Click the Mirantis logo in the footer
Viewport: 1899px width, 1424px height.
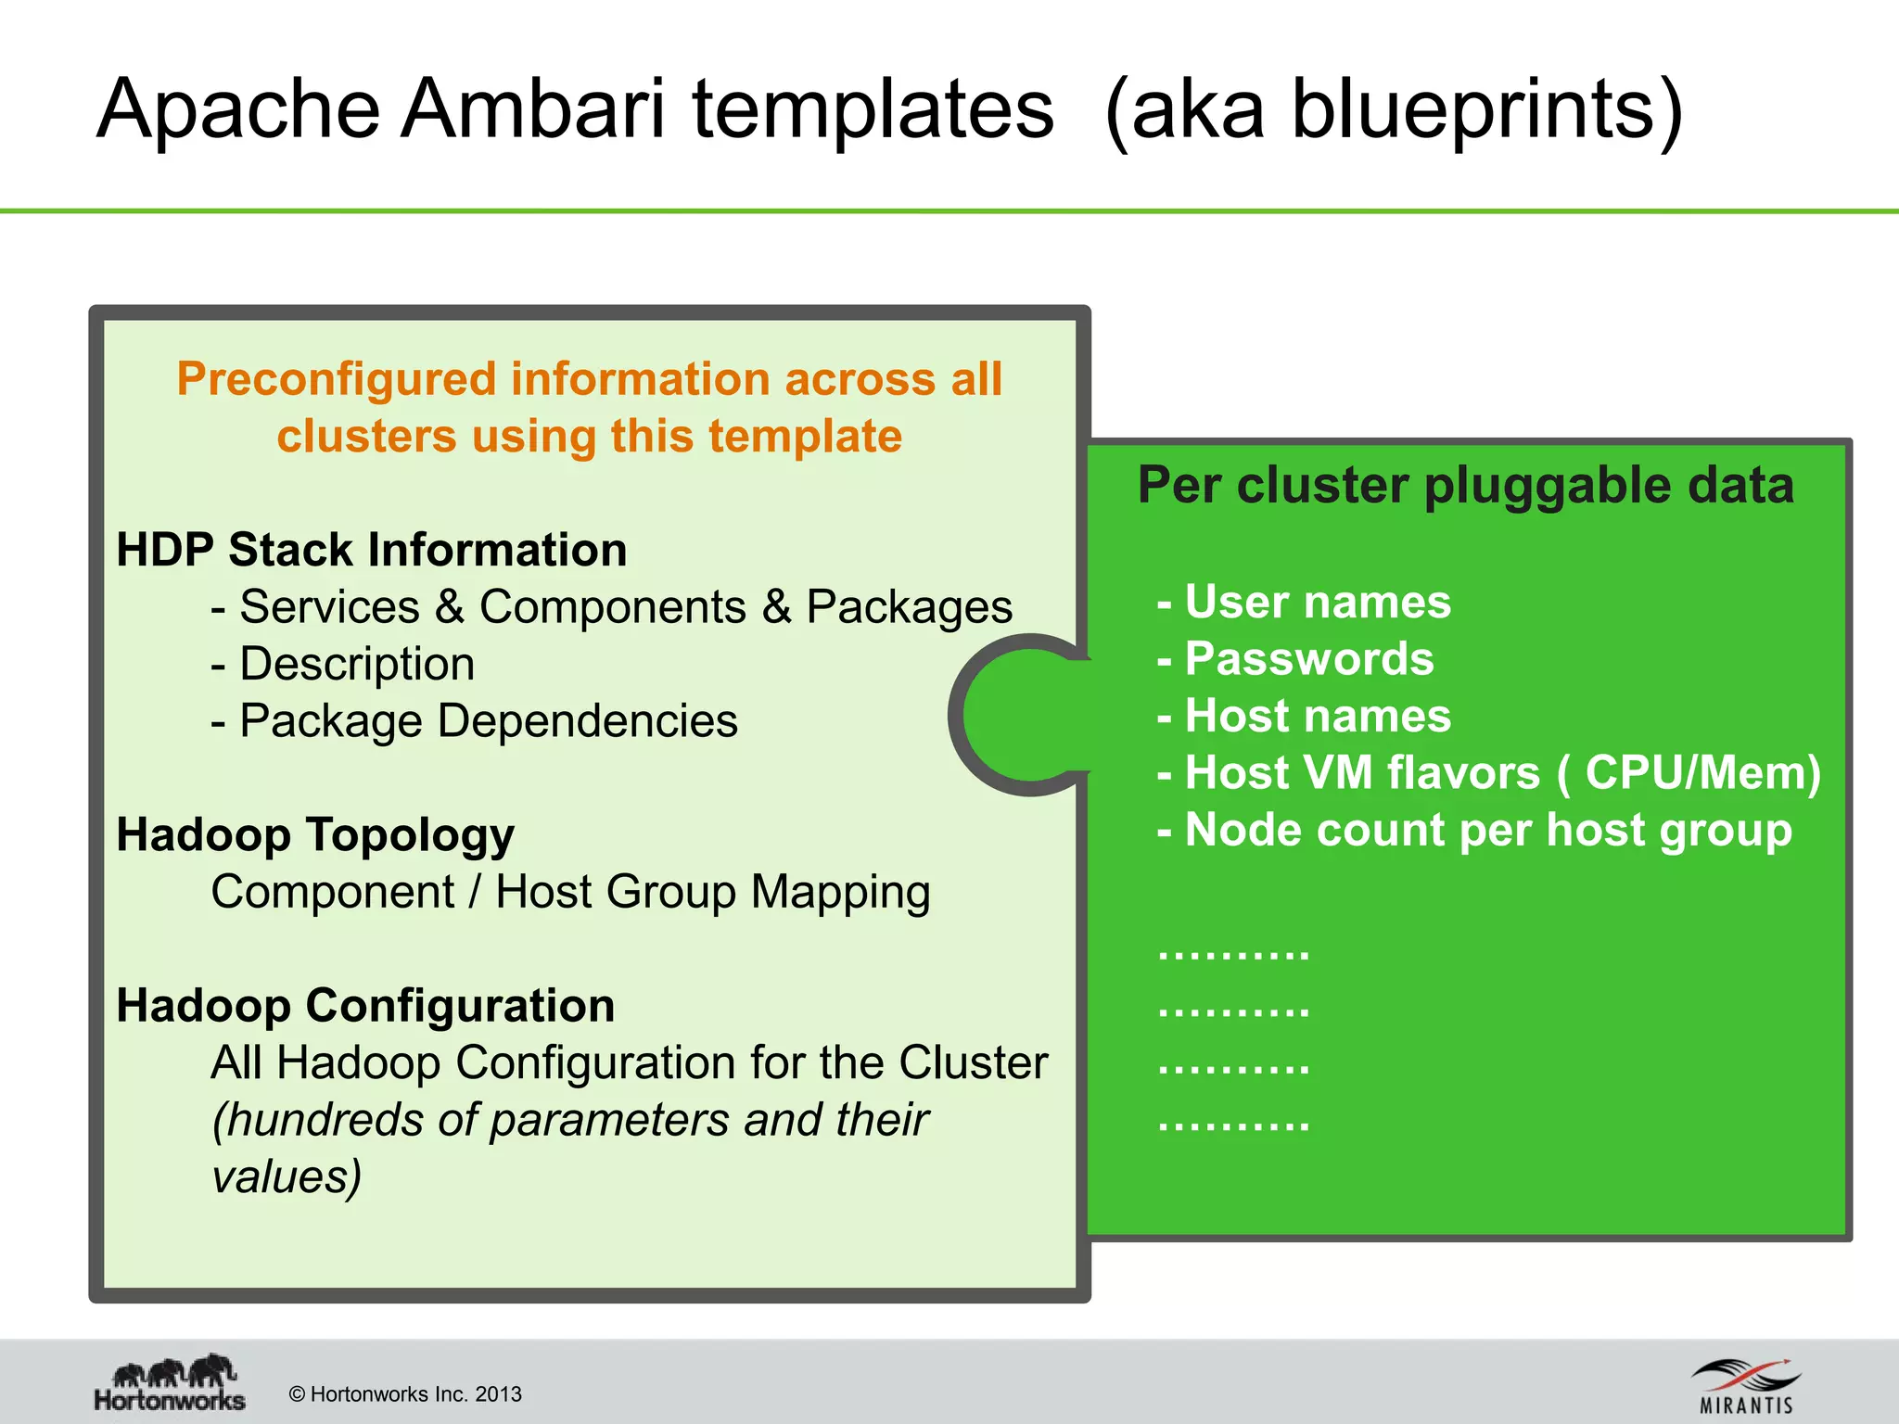tap(1746, 1386)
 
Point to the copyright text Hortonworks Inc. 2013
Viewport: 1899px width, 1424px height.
tap(406, 1394)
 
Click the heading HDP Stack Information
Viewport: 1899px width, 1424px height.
tap(371, 550)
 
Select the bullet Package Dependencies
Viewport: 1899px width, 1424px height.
tap(475, 721)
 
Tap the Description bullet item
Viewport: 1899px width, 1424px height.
tap(343, 664)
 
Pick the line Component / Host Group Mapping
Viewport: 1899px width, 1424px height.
tap(570, 892)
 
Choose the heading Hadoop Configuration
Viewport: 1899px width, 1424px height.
tap(365, 1006)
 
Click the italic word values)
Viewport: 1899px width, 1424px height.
tap(287, 1176)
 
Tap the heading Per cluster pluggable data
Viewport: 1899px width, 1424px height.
tap(1465, 485)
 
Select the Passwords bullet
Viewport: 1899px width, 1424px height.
tap(1296, 659)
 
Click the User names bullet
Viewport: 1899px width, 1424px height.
tap(1305, 602)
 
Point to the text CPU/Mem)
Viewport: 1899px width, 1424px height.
tap(1702, 772)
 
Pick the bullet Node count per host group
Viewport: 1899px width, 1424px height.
tap(1475, 830)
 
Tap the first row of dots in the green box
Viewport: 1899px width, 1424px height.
tap(1234, 953)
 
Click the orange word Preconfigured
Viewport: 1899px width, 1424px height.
tap(338, 379)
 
